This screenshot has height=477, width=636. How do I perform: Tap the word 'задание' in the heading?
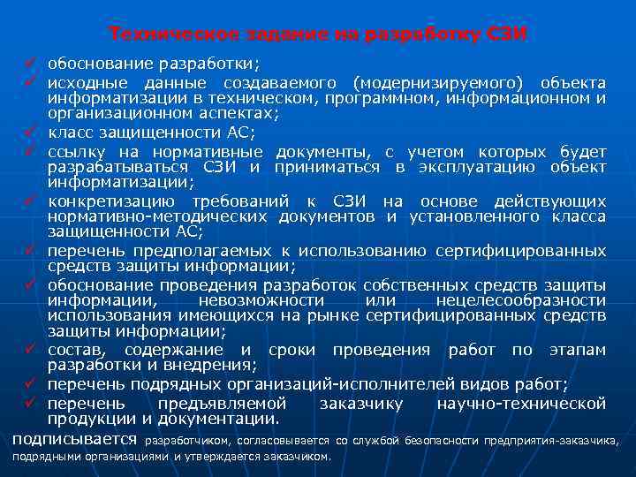(261, 34)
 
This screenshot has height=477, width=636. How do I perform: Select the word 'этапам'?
(575, 350)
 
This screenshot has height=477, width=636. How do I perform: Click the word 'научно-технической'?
(522, 403)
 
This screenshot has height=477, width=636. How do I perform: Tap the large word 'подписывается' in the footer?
(74, 438)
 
